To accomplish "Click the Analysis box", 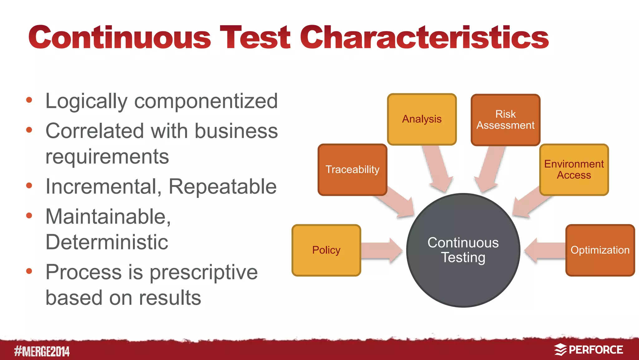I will point(422,119).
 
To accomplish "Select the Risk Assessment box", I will point(505,120).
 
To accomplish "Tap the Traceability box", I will point(352,170).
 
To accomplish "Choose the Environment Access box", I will point(574,170).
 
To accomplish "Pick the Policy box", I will point(326,250).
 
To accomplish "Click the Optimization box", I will point(600,250).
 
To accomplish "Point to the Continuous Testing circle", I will point(463,250).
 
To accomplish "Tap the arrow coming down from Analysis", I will point(437,169).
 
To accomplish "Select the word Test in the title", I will point(255,37).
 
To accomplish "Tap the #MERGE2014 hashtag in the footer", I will point(42,351).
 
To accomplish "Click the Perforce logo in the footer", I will point(588,350).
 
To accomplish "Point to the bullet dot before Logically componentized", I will point(29,100).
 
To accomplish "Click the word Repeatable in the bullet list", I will point(222,187).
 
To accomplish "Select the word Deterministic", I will point(107,242).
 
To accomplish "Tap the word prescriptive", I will point(203,273).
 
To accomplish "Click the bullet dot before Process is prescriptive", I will point(29,271).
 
